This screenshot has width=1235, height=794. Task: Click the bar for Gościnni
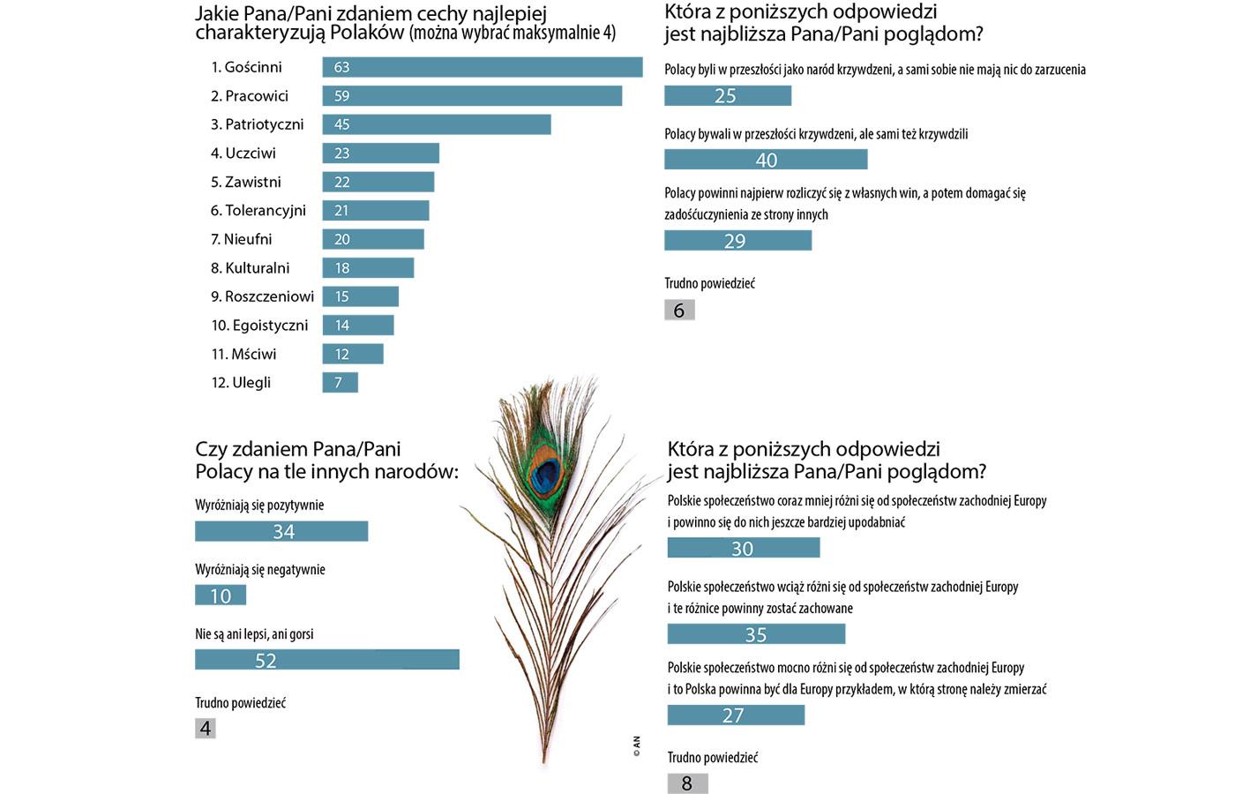tap(482, 67)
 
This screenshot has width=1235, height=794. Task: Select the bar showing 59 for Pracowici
tap(472, 95)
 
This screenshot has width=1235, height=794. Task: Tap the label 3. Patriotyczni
tap(257, 124)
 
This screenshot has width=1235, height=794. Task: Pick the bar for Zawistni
tap(378, 182)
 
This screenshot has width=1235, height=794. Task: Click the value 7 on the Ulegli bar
tap(338, 383)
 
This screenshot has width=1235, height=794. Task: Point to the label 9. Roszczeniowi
tap(262, 296)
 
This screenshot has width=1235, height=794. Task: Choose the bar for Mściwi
tap(353, 354)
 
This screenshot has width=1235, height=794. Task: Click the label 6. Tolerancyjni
tap(258, 210)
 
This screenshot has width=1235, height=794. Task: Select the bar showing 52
tap(326, 660)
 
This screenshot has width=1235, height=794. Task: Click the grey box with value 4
tap(206, 729)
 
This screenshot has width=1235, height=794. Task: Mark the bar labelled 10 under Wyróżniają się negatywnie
tap(221, 595)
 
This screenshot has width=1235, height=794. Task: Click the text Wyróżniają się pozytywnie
tap(259, 506)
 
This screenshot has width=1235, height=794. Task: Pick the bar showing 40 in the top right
tap(766, 160)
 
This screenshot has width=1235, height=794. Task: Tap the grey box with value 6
tap(679, 311)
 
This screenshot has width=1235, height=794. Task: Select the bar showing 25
tap(728, 95)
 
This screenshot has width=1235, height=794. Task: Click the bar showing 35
tap(756, 634)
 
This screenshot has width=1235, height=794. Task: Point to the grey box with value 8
tap(687, 783)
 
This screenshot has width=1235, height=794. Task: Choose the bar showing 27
tap(736, 715)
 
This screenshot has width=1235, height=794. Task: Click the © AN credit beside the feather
tap(636, 747)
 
